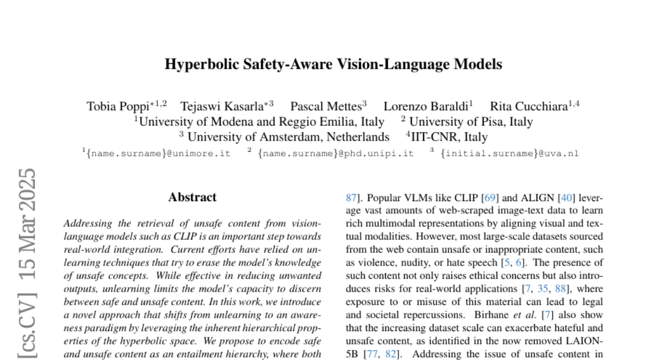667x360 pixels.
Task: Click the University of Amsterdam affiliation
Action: click(287, 137)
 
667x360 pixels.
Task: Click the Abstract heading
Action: click(192, 197)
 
